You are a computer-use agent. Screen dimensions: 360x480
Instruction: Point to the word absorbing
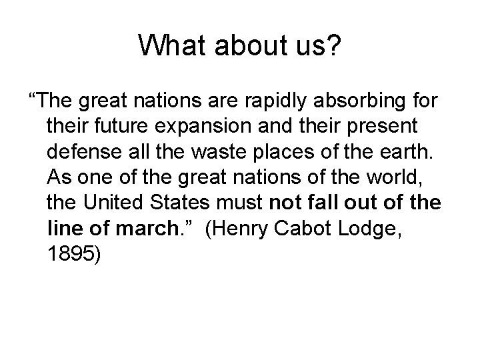point(359,103)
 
